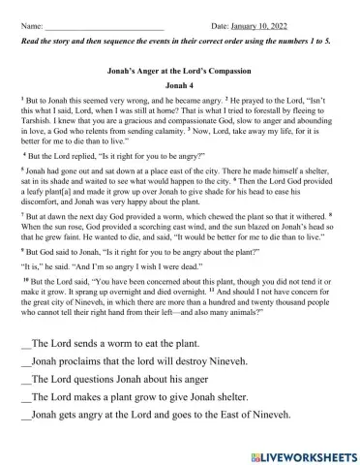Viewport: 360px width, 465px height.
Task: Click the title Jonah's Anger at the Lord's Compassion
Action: click(x=179, y=73)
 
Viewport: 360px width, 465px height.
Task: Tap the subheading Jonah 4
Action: click(x=179, y=86)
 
